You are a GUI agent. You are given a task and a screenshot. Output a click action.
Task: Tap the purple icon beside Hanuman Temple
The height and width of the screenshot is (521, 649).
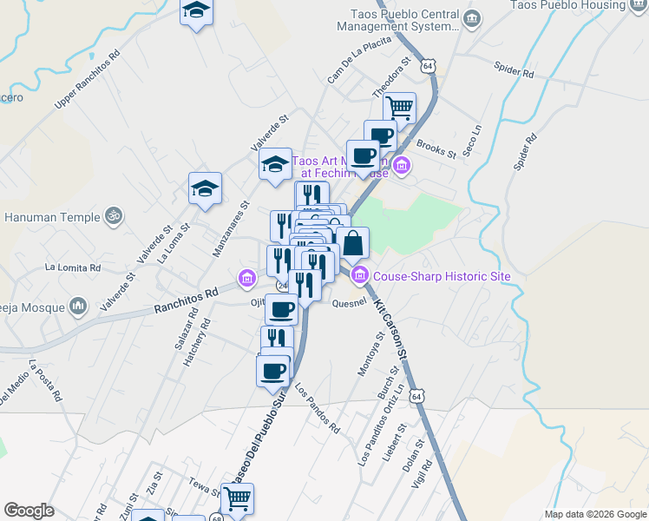click(112, 214)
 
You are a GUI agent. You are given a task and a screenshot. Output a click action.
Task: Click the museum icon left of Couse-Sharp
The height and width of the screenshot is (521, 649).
click(359, 277)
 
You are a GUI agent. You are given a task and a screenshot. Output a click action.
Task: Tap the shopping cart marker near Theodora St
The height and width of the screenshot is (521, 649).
click(399, 109)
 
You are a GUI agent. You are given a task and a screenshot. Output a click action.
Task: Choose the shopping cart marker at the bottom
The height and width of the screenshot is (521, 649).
click(237, 498)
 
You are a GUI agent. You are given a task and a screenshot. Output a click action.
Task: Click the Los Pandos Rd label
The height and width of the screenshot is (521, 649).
click(317, 407)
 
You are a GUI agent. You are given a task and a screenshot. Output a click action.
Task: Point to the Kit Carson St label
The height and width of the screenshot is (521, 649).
click(391, 331)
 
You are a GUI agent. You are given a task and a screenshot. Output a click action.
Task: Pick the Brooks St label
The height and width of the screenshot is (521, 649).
click(436, 149)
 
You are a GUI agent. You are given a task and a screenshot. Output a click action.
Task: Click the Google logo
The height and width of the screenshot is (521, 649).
click(29, 511)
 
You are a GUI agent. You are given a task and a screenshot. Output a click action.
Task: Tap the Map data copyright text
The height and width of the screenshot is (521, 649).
click(594, 514)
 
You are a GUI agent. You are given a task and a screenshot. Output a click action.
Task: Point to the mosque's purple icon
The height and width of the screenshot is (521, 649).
click(78, 305)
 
